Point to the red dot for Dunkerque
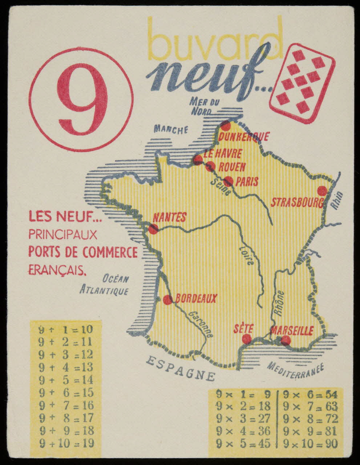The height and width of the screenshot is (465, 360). [226, 126]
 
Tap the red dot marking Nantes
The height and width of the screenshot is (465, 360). [153, 229]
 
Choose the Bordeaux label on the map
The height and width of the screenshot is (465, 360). [196, 299]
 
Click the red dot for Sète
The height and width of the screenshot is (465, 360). [247, 339]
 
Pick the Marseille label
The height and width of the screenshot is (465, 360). [292, 331]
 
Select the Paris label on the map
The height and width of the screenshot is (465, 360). [247, 181]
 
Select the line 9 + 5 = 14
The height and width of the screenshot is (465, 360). [66, 380]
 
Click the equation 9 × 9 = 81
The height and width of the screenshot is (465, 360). [311, 431]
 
